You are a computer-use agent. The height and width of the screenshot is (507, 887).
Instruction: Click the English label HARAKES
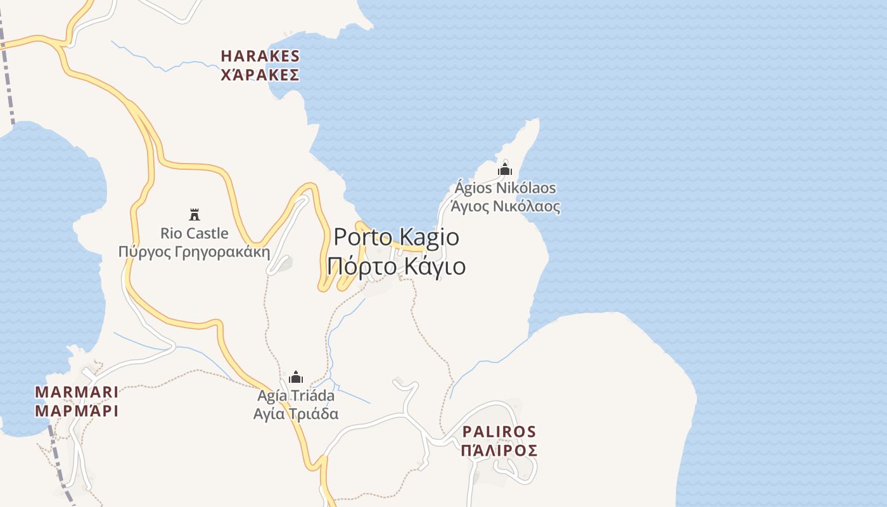260,56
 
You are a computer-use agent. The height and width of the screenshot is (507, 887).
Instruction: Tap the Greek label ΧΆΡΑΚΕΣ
260,75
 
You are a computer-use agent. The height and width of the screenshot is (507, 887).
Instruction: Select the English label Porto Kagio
396,237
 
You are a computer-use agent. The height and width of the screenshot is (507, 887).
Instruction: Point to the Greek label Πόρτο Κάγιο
396,266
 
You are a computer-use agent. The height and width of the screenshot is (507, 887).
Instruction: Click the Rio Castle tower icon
195,214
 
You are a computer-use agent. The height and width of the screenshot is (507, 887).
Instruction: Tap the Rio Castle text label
195,233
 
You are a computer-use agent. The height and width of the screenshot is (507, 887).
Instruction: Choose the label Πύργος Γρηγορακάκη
195,252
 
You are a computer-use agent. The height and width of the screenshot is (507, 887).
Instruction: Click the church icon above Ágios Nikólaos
505,169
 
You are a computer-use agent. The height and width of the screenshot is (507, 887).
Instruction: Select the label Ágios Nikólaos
505,188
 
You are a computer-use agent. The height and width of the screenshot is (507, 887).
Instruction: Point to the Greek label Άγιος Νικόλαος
505,207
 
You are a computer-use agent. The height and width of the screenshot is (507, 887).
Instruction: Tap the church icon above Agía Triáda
296,377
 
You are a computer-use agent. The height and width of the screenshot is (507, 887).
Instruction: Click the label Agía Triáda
296,395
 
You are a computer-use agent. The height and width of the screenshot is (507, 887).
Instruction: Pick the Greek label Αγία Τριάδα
296,414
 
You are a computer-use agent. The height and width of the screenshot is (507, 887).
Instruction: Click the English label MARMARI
77,392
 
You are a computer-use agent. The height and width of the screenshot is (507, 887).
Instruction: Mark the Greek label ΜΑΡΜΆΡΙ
77,411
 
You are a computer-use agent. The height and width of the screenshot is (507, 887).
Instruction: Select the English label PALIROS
499,432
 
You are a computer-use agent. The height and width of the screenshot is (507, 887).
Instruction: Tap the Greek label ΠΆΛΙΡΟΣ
499,451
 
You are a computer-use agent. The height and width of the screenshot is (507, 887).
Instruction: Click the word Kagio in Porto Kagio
430,237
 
